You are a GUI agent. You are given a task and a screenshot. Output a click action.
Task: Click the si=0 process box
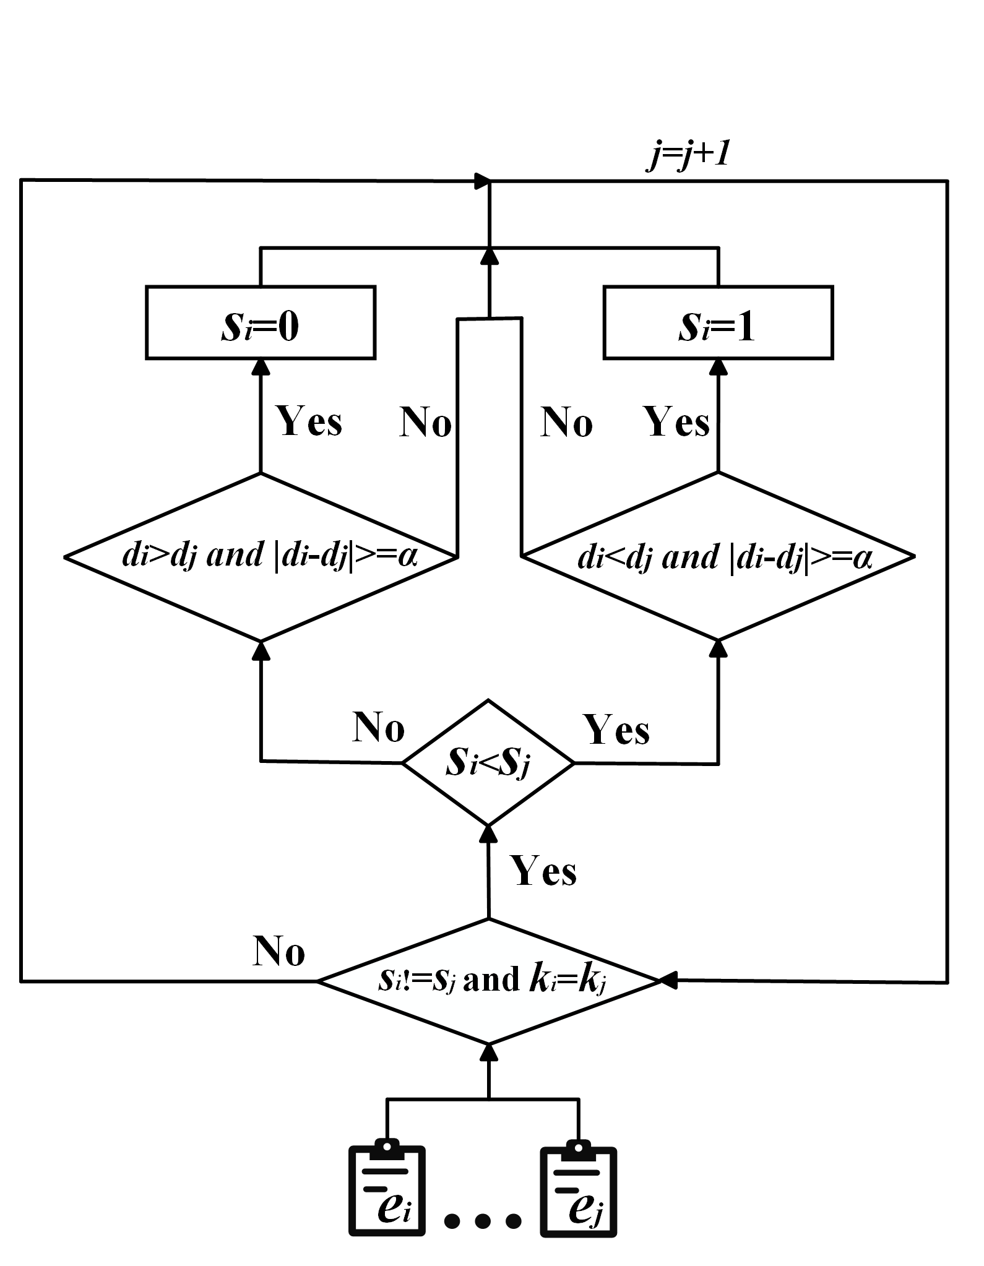pos(260,322)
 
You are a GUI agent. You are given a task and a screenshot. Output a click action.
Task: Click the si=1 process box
pos(718,322)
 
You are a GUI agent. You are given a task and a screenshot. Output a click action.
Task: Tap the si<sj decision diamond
pos(488,763)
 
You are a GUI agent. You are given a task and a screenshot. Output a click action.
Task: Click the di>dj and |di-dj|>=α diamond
pos(261,557)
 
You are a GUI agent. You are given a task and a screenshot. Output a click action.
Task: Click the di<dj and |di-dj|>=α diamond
pos(718,557)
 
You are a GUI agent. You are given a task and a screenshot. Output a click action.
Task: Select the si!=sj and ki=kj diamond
pos(489,981)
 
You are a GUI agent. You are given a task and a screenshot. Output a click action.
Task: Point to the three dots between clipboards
pos(483,1220)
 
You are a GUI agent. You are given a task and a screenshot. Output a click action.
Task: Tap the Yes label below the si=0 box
pos(309,422)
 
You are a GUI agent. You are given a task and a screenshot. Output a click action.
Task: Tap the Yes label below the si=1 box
pos(676,422)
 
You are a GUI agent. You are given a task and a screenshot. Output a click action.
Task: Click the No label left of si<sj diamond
pos(379,727)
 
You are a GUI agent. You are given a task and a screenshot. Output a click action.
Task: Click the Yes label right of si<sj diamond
pos(616,730)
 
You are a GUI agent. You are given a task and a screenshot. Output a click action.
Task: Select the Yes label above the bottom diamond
pos(543,871)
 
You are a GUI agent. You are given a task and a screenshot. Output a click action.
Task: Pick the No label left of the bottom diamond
pos(279,951)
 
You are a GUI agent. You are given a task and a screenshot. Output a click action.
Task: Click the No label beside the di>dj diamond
pos(425,423)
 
